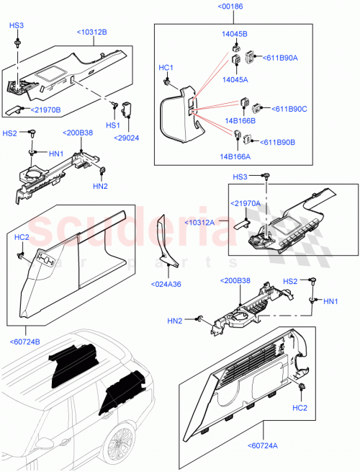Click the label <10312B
pos(91,32)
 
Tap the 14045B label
pos(234,34)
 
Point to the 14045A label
pos(234,81)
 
